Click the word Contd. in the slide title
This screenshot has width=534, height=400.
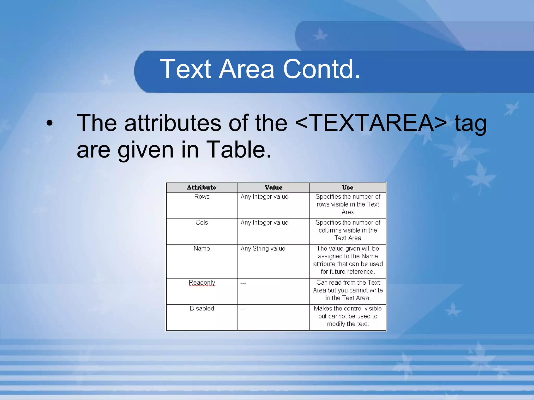pyautogui.click(x=321, y=69)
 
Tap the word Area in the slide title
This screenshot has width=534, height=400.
pyautogui.click(x=246, y=69)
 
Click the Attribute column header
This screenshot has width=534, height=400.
pyautogui.click(x=202, y=187)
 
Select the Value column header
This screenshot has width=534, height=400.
pyautogui.click(x=273, y=187)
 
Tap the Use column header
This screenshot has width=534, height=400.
pyautogui.click(x=348, y=187)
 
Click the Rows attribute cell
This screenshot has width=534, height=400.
pyautogui.click(x=202, y=197)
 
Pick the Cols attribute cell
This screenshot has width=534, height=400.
pyautogui.click(x=202, y=223)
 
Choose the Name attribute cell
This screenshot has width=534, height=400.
pyautogui.click(x=202, y=248)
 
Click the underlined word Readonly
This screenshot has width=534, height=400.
pyautogui.click(x=202, y=283)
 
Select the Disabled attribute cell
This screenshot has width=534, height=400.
pyautogui.click(x=202, y=308)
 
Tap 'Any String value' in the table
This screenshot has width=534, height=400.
pyautogui.click(x=263, y=248)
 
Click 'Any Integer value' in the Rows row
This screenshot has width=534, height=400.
pyautogui.click(x=264, y=197)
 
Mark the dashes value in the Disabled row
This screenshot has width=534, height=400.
pyautogui.click(x=243, y=309)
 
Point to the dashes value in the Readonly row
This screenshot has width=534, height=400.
pyautogui.click(x=243, y=283)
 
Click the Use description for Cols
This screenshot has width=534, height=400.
pyautogui.click(x=348, y=230)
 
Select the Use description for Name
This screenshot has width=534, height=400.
pyautogui.click(x=348, y=260)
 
